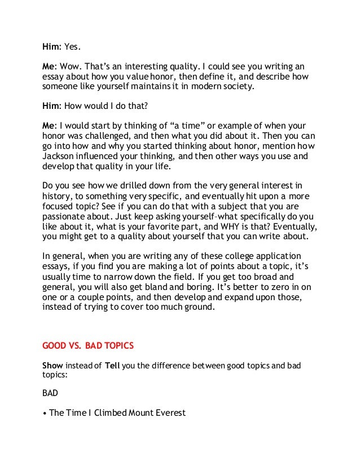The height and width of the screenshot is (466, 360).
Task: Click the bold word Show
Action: coord(55,366)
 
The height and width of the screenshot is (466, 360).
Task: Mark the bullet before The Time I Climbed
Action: coord(45,414)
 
